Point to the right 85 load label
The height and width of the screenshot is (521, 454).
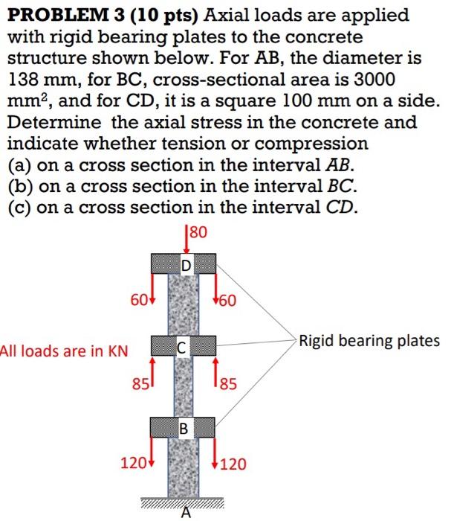click(229, 386)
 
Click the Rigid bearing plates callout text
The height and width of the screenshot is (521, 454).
click(369, 342)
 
